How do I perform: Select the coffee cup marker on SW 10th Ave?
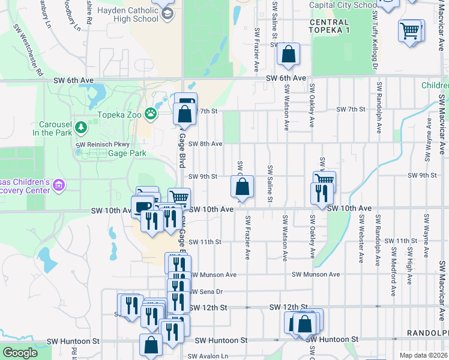[x=143, y=206]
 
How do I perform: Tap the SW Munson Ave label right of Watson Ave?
[x=316, y=274]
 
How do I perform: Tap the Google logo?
[x=20, y=353]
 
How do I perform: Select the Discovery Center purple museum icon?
[x=58, y=186]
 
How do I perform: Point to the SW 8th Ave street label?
[x=205, y=144]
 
